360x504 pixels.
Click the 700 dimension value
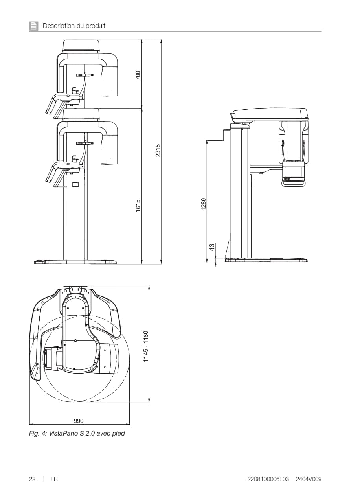tap(138, 75)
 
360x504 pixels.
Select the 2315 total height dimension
tap(158, 150)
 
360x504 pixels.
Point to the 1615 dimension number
tap(138, 206)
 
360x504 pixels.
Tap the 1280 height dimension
tap(204, 204)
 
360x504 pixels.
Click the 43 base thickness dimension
tap(212, 247)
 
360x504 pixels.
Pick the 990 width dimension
tap(79, 421)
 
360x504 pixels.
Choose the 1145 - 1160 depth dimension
tap(146, 346)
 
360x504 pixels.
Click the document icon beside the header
tap(33, 26)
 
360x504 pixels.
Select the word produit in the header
tap(96, 26)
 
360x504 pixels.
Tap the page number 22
tap(32, 479)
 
